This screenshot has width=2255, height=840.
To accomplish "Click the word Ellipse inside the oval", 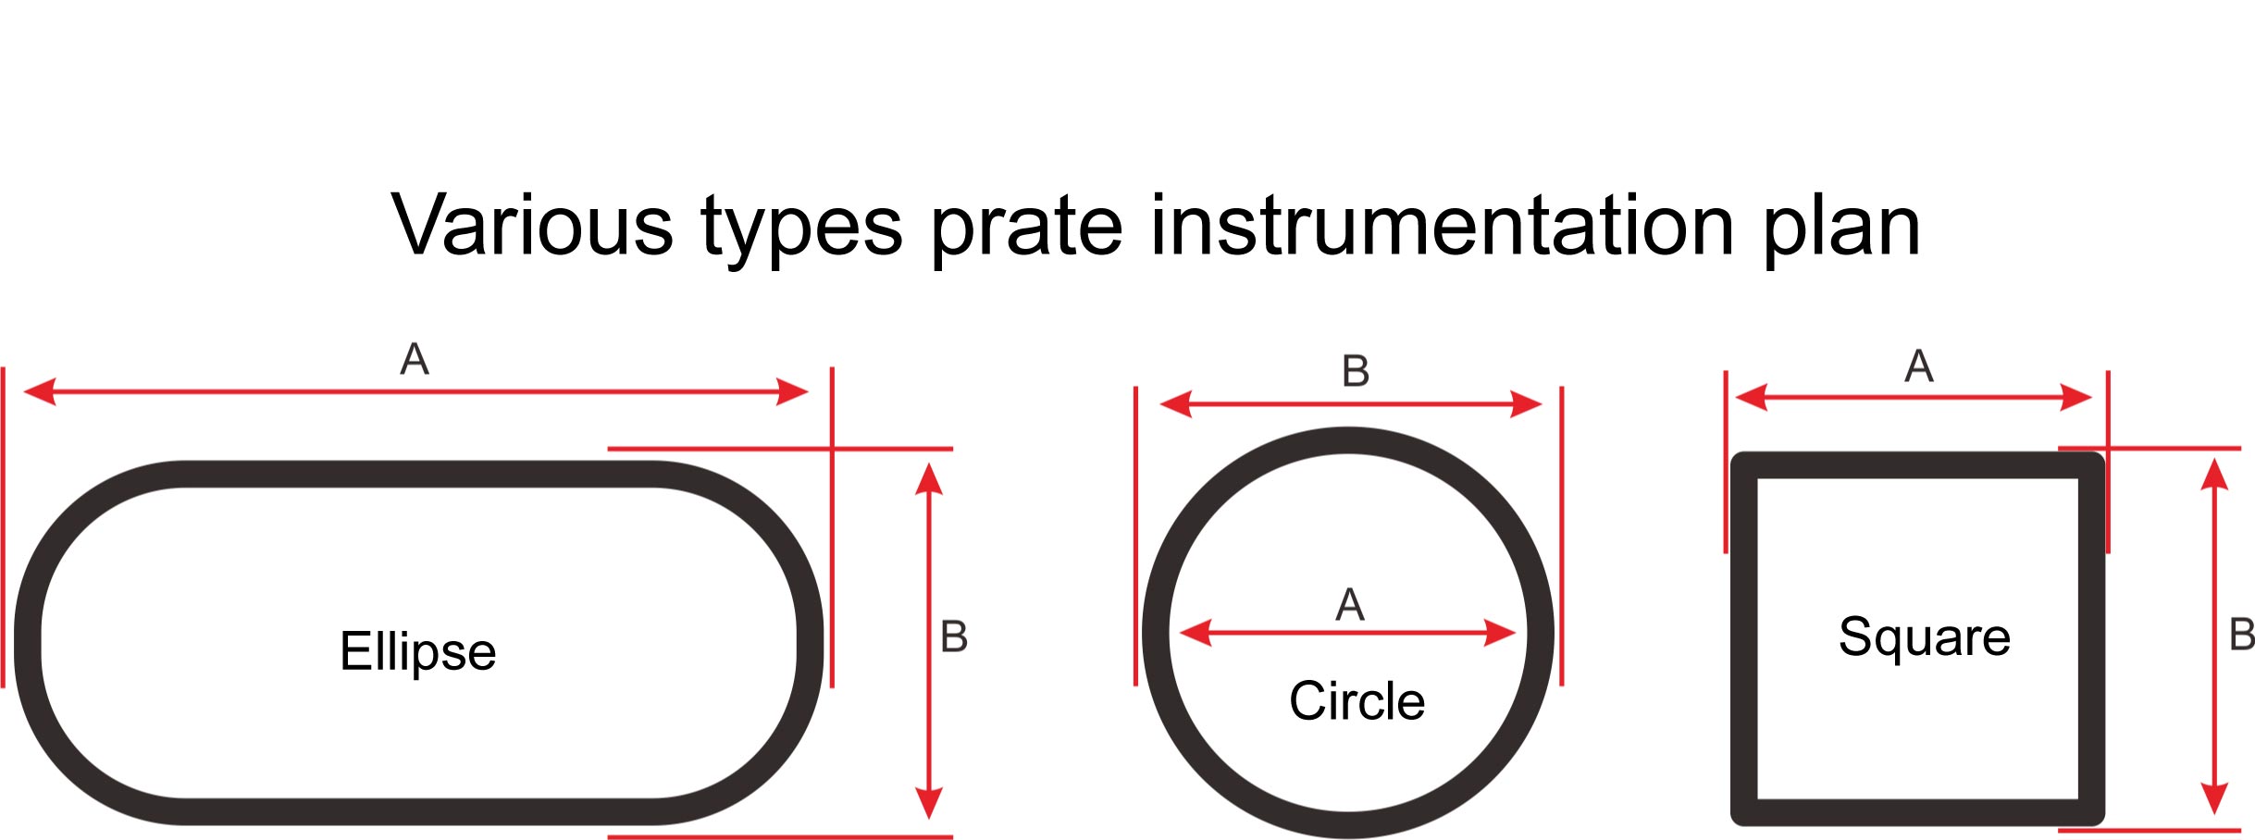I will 417,651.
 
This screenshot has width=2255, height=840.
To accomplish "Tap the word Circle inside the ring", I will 1357,700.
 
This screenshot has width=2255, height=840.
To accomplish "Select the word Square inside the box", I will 1924,636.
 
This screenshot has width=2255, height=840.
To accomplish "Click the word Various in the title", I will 532,226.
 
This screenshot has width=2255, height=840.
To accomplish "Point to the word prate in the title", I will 1026,228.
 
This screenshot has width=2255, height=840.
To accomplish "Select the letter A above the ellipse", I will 415,358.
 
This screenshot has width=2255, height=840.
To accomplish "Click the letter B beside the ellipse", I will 954,636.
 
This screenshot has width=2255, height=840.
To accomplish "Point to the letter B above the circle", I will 1356,371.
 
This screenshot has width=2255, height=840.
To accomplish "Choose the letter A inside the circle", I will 1350,605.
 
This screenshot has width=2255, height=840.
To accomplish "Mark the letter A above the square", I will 1919,365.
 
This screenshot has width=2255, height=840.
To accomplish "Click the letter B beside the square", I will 2241,635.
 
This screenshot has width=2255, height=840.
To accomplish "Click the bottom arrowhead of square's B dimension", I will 2213,799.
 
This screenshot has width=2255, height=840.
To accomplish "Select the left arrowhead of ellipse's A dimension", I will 40,391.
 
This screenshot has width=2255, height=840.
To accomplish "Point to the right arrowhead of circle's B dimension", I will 1526,404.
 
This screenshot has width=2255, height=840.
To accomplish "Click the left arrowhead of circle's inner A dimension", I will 1196,634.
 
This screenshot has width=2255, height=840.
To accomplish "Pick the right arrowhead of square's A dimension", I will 2076,398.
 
